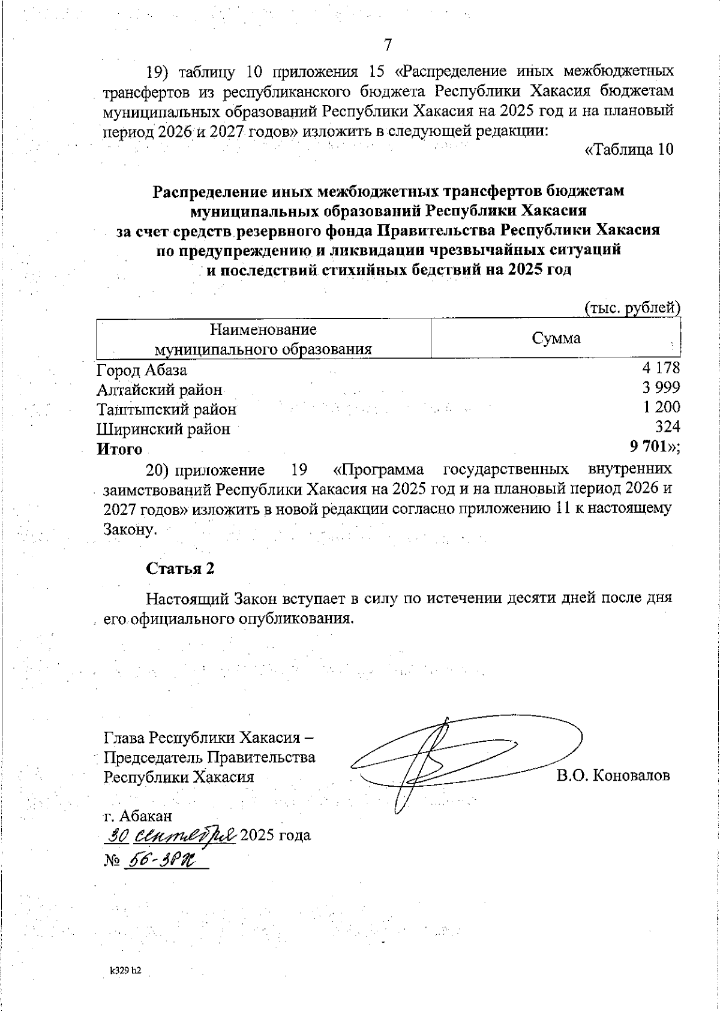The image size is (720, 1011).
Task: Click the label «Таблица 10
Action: click(629, 150)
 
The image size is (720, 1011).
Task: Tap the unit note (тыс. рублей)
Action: click(632, 308)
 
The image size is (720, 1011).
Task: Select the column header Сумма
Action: click(556, 338)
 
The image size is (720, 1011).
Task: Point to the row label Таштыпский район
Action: click(167, 410)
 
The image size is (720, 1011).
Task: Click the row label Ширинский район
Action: click(163, 429)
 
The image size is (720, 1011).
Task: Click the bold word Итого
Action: click(120, 449)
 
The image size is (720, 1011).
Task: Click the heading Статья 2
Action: click(181, 568)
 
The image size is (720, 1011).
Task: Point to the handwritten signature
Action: click(456, 759)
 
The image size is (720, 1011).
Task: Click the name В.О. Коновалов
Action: click(612, 776)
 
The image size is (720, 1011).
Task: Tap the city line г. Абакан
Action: click(138, 816)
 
